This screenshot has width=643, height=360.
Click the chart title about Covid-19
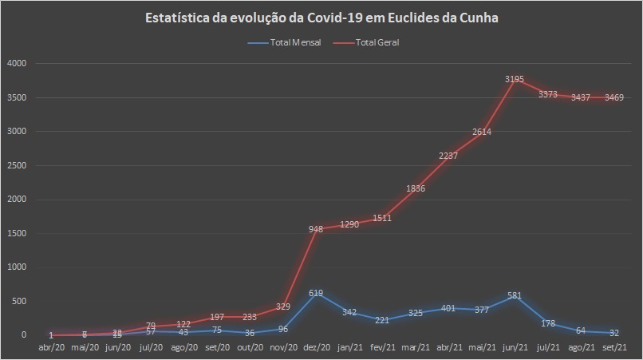(321, 18)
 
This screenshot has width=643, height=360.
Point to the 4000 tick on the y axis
(17, 63)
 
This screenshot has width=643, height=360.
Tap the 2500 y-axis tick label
(17, 165)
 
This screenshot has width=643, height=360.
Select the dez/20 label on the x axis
(316, 347)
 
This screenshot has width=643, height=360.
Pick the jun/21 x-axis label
(515, 347)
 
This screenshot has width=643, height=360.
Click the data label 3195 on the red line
(515, 79)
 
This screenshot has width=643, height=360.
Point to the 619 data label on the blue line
(316, 293)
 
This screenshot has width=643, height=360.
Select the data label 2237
(448, 156)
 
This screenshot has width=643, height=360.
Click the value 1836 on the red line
(415, 189)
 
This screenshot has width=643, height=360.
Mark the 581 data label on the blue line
(515, 295)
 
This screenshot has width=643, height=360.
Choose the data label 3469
(614, 97)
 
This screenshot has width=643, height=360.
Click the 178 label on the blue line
(548, 322)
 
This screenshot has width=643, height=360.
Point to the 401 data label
(448, 307)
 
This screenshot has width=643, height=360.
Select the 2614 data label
(481, 132)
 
